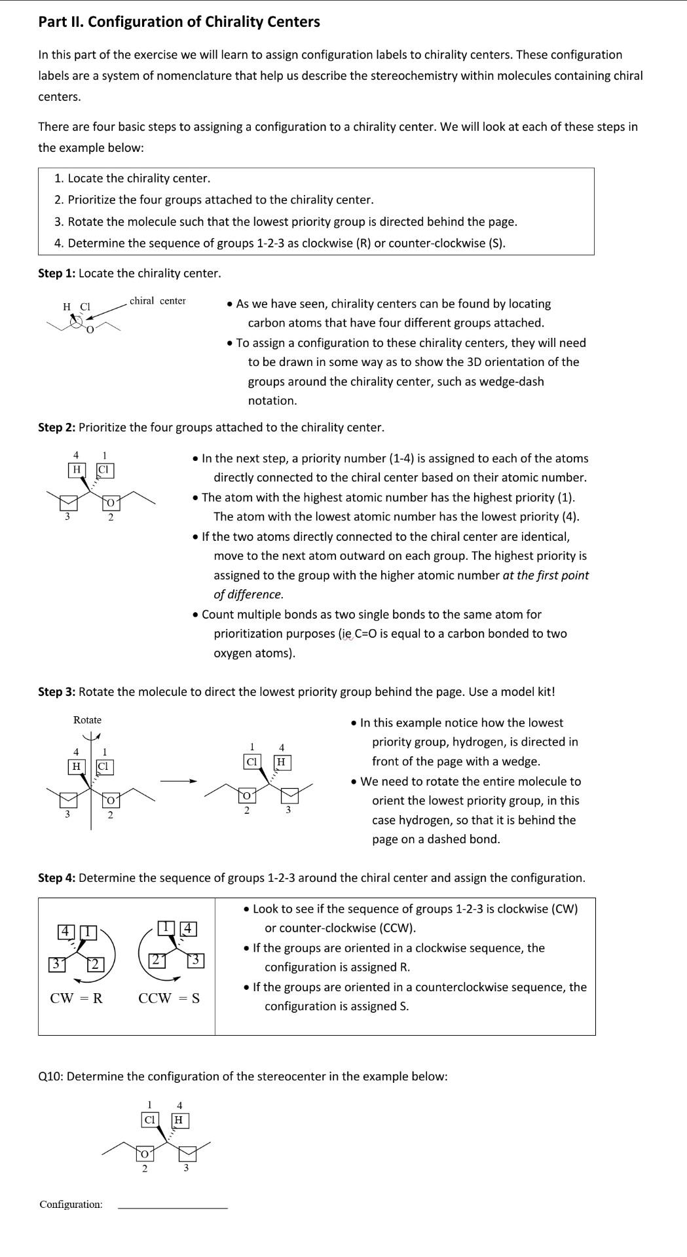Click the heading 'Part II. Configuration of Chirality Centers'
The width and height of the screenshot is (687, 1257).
179,22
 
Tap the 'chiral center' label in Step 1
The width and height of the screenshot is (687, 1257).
157,301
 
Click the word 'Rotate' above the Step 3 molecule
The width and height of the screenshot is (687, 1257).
87,720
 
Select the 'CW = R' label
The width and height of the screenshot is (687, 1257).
76,998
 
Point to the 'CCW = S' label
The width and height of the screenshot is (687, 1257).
169,998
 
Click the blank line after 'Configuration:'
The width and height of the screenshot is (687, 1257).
172,1205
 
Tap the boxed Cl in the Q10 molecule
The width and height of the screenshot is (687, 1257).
149,1120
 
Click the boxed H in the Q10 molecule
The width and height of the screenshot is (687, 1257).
179,1120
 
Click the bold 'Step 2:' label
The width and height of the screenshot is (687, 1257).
56,428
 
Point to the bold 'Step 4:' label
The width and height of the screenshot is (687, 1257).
56,878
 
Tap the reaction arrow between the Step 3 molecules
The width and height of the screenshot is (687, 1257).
179,780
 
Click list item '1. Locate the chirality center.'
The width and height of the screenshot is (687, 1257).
132,178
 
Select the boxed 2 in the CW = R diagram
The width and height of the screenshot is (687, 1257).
95,964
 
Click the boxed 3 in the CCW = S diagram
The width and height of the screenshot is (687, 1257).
196,960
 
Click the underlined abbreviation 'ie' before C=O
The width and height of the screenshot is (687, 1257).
346,634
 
